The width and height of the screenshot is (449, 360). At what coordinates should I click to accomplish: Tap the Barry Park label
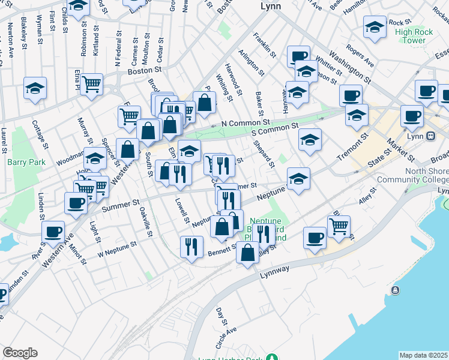[x=22, y=162]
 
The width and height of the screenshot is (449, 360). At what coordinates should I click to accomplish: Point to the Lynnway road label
[x=276, y=271]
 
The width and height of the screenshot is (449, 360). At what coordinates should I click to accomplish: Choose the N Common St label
[x=241, y=123]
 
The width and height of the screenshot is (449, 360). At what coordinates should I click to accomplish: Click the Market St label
[x=400, y=149]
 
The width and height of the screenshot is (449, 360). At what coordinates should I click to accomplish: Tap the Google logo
[x=20, y=353]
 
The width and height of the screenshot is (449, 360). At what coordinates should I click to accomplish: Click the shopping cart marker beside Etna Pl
[x=91, y=84]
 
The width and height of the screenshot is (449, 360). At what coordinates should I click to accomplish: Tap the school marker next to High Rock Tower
[x=375, y=28]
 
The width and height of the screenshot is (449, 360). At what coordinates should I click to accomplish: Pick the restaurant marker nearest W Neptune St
[x=191, y=246]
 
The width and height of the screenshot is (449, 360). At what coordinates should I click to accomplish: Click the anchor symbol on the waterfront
[x=395, y=290]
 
